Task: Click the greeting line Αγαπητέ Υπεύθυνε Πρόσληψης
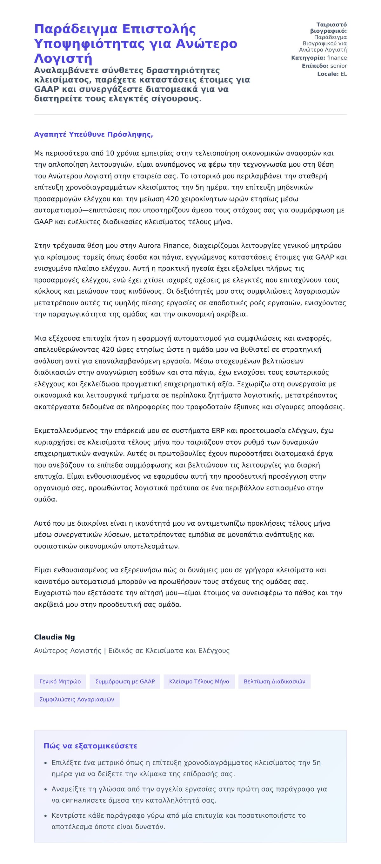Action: (93, 135)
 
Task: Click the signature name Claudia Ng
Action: (54, 637)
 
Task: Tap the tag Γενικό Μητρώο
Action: (60, 681)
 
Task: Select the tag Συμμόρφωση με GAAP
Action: (125, 681)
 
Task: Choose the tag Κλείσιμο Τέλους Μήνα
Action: (199, 681)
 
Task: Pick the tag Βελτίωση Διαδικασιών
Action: (274, 681)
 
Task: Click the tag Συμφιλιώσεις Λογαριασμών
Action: (77, 699)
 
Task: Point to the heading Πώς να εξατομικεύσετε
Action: (90, 746)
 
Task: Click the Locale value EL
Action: (344, 74)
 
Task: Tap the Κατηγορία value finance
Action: (337, 58)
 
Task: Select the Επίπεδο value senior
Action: (338, 66)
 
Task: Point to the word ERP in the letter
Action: (218, 430)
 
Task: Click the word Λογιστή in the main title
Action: (63, 58)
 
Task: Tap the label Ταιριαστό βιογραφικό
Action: (328, 28)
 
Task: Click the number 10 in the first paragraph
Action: (110, 153)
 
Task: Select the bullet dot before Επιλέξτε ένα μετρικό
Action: (46, 763)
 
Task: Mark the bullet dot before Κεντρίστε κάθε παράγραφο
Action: (46, 816)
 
